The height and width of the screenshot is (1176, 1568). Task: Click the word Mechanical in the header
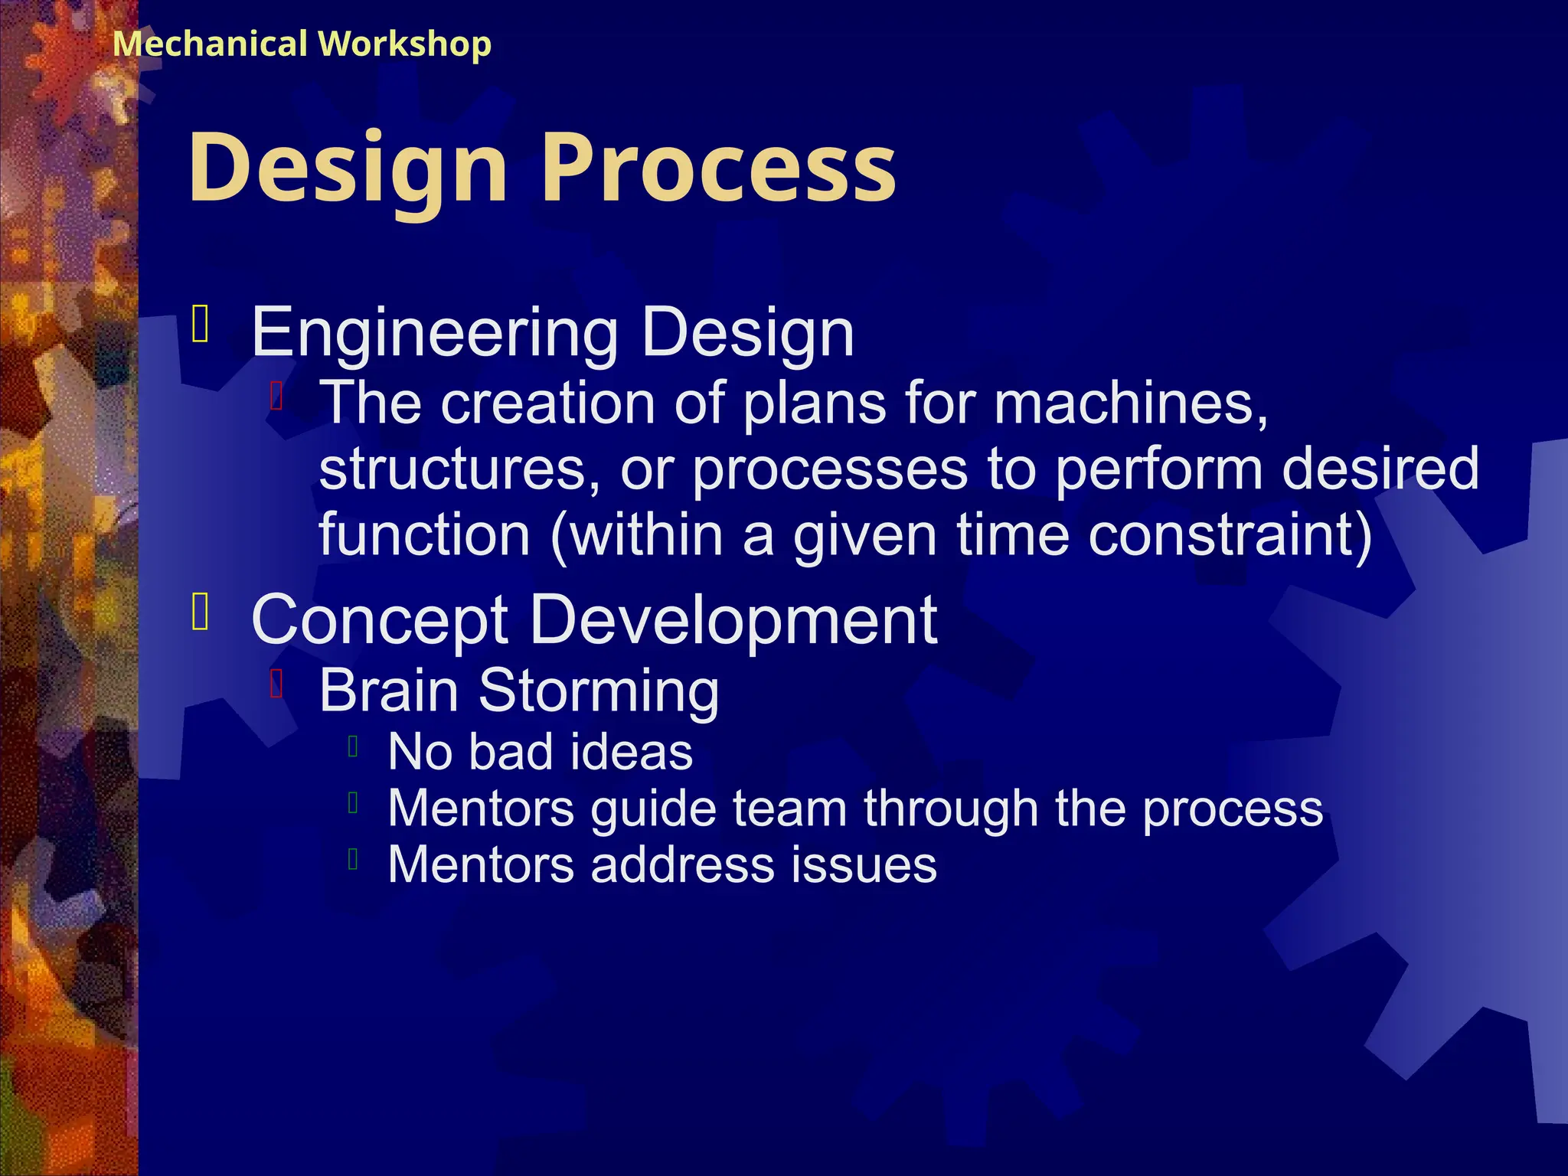click(210, 44)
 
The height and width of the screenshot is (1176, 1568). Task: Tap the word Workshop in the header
click(405, 44)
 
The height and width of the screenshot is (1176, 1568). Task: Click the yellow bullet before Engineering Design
click(201, 324)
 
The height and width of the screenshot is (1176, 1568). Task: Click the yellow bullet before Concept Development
click(201, 612)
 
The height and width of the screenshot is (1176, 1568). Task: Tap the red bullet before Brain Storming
click(277, 684)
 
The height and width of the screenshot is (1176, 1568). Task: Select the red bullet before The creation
click(277, 396)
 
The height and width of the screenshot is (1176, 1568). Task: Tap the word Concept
click(380, 620)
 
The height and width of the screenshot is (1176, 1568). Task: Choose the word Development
click(733, 620)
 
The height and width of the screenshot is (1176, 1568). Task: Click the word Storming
click(598, 691)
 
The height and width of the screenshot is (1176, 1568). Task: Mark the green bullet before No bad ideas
click(353, 746)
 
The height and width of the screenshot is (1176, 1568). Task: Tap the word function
click(424, 534)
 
